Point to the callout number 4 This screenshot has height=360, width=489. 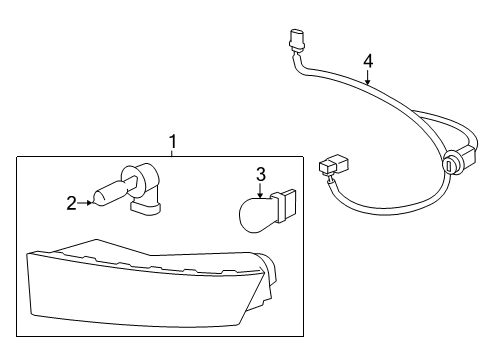tap(367, 62)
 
